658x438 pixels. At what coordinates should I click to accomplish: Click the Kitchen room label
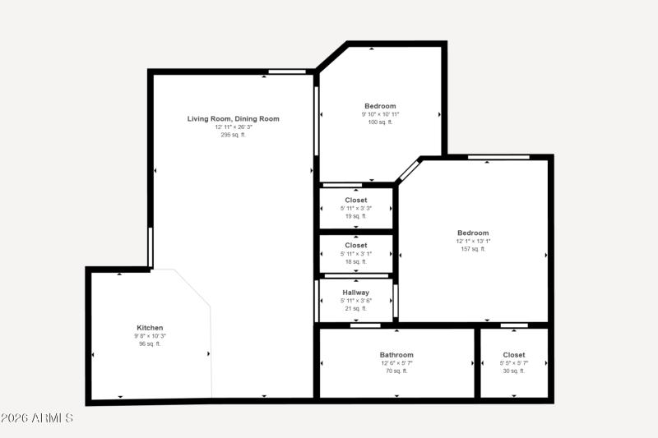click(150, 328)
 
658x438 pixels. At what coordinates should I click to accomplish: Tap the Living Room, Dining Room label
click(233, 119)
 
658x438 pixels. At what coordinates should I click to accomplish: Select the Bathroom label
click(396, 355)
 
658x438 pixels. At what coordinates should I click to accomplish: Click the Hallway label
click(356, 293)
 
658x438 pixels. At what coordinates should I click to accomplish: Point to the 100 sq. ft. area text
click(380, 122)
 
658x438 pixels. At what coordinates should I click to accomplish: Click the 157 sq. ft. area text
click(473, 249)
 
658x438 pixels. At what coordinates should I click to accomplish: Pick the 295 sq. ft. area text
click(233, 135)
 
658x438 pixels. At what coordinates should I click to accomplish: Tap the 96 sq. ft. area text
click(150, 343)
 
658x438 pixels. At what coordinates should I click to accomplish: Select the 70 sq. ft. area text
click(396, 371)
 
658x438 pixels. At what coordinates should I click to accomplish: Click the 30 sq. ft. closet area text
click(513, 371)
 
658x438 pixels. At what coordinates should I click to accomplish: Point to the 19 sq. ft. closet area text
click(356, 216)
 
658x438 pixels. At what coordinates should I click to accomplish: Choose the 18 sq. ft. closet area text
click(356, 261)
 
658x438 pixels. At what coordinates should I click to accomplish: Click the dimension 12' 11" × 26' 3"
click(233, 127)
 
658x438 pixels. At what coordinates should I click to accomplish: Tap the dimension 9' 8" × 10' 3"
click(150, 336)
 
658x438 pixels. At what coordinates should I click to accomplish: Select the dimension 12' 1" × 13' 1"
click(473, 242)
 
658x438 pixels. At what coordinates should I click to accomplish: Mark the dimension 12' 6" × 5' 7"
click(396, 363)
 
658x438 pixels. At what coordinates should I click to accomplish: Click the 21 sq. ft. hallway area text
click(356, 308)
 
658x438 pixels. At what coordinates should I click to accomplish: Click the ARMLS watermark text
click(37, 418)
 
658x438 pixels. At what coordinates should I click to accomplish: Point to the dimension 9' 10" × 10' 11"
click(380, 114)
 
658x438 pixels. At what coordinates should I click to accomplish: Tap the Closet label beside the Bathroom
click(513, 355)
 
